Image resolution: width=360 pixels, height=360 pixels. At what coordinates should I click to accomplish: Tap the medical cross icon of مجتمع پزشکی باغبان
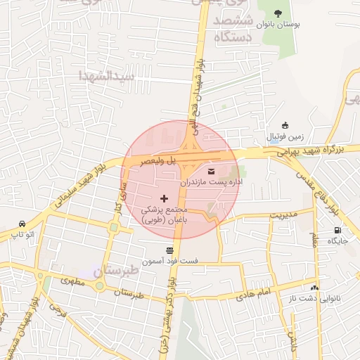(165, 199)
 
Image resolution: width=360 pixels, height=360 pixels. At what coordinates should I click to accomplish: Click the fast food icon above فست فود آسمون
(169, 250)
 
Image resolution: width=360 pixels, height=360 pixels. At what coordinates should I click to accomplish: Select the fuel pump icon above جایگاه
(337, 231)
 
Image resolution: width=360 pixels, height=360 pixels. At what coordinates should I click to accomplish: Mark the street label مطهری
(72, 281)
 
